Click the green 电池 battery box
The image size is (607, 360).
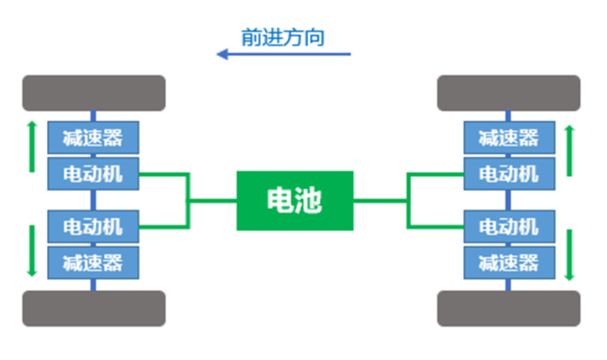coord(295,200)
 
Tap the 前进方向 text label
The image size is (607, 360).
coord(282,38)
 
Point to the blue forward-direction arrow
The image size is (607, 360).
coord(284,54)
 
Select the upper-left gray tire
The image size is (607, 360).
coord(93,93)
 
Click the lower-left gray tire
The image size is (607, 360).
coord(93,309)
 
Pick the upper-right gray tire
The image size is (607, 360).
coord(508,93)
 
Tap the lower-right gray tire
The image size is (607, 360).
coord(508,309)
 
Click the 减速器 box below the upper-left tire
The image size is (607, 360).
coord(93,137)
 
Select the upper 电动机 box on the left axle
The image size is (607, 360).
coord(93,173)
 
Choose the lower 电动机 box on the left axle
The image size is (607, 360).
coord(93,227)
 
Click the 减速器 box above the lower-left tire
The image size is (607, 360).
coord(93,262)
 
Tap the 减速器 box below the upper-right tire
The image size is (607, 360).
coord(509,137)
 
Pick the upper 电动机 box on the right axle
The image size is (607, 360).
coord(509,173)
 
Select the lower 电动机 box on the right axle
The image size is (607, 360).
coord(509,227)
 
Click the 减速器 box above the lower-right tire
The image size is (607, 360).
coord(509,262)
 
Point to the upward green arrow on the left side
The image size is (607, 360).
coord(32,147)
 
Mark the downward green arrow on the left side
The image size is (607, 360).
coord(32,251)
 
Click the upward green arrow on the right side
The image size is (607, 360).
coord(569,151)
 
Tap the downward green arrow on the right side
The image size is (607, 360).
coord(569,255)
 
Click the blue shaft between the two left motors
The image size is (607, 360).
coord(93,200)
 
